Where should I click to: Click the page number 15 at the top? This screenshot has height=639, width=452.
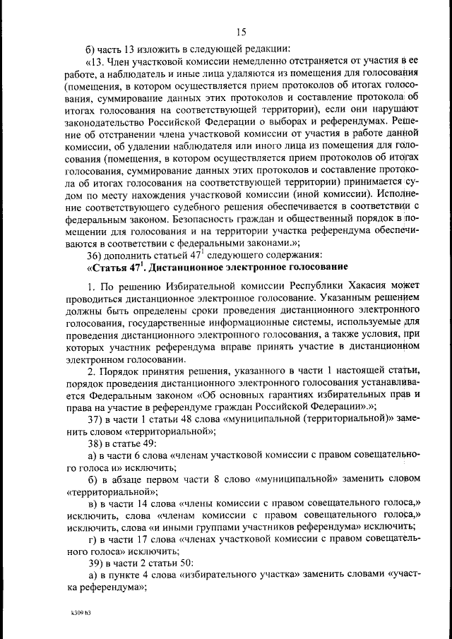pyautogui.click(x=241, y=32)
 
